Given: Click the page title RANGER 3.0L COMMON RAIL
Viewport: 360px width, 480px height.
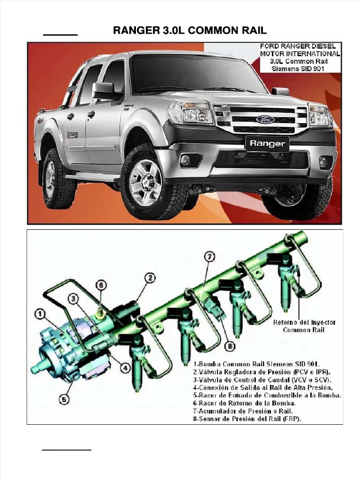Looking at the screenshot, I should tap(190, 31).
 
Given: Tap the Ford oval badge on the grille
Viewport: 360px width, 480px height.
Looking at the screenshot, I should tap(265, 119).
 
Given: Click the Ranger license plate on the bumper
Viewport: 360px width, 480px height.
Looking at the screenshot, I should tap(267, 144).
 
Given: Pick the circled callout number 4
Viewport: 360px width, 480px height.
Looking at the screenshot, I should tap(125, 368).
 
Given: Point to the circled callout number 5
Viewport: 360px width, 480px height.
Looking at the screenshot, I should tap(65, 399).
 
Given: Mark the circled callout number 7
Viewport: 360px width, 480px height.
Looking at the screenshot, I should tap(210, 256).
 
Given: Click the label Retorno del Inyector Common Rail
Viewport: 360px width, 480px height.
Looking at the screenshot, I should tap(304, 326).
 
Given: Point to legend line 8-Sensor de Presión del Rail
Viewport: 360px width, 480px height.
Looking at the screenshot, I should tap(247, 419).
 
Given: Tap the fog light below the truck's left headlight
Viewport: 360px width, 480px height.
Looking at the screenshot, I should tap(186, 160).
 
